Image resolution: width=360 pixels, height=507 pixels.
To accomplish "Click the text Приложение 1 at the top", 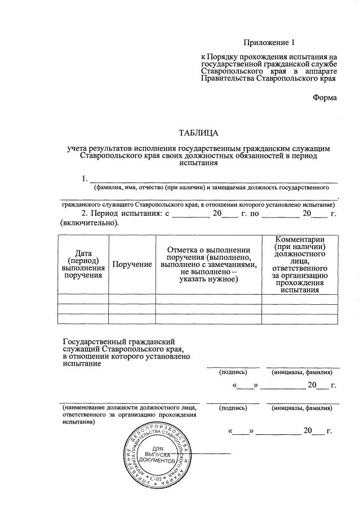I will (x=269, y=43).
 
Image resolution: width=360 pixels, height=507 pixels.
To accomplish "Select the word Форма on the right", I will (x=325, y=97).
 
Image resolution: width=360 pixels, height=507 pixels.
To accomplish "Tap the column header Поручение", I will (x=132, y=265).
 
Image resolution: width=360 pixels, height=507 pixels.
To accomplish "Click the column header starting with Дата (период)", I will (x=83, y=264).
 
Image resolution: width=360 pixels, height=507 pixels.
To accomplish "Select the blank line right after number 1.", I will (x=214, y=181).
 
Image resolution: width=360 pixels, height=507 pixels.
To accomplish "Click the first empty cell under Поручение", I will (x=132, y=299).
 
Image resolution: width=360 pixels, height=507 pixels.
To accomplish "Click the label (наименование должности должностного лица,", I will (x=129, y=407).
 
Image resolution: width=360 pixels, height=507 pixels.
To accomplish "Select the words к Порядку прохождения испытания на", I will (x=269, y=57).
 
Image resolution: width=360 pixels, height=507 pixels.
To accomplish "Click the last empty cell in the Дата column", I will (x=83, y=319).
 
